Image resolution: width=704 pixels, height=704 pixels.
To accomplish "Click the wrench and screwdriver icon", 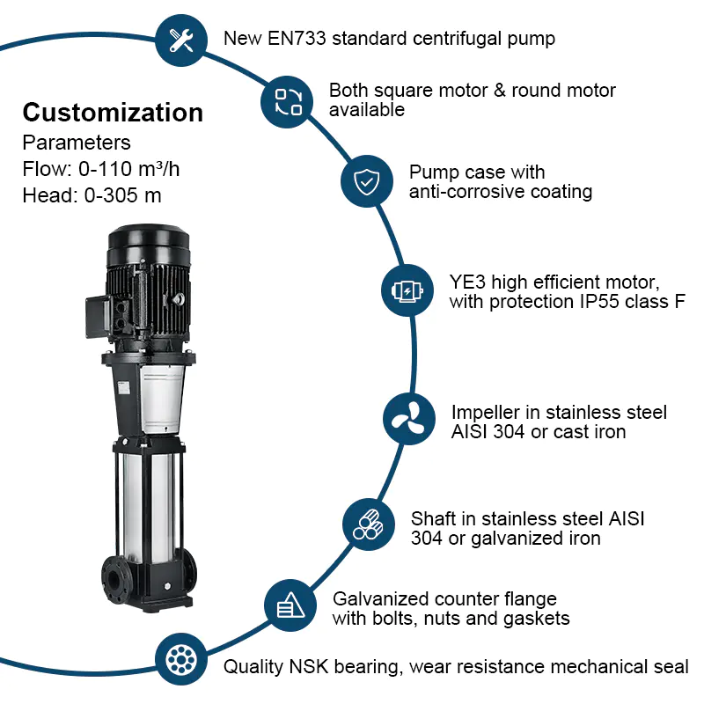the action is (x=181, y=40).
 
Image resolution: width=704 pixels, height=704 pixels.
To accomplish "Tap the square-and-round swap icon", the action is (x=288, y=102).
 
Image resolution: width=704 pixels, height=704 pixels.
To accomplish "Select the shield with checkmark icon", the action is (x=367, y=181).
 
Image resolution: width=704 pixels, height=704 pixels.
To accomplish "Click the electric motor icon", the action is (x=407, y=290).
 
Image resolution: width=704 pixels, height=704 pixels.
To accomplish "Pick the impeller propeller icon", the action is (x=408, y=420).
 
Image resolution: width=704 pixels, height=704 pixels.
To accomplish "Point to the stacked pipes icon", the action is (x=368, y=524).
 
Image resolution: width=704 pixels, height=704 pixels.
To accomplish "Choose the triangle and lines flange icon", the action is (x=290, y=605).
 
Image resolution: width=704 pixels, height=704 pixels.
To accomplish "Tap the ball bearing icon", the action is (x=181, y=659).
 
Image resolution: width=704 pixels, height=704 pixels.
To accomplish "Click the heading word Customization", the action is (x=113, y=113).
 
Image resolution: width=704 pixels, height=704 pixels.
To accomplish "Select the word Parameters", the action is (x=77, y=143).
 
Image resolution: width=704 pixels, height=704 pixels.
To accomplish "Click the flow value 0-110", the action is (x=105, y=169).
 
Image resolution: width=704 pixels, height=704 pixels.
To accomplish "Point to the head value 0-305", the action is (x=111, y=195).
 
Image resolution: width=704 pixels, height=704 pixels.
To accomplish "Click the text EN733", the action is (x=297, y=38).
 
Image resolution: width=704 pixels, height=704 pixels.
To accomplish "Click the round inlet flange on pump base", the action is (x=115, y=583).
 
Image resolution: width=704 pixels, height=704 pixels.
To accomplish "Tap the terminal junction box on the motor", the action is (x=98, y=317).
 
